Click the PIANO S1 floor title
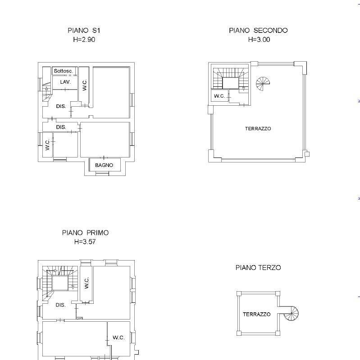[x=84, y=30]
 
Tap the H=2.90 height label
[x=84, y=40]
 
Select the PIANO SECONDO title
[x=258, y=30]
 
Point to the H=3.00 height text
[x=259, y=40]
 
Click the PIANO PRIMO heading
[x=85, y=233]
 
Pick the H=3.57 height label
[x=85, y=242]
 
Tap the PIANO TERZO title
[x=258, y=267]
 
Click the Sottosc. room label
[x=63, y=71]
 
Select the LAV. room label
[x=65, y=82]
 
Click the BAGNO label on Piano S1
[x=104, y=165]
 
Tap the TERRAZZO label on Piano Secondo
[x=258, y=129]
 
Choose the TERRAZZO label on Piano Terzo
[x=256, y=314]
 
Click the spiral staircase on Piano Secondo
[x=263, y=84]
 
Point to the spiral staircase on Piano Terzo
[x=291, y=313]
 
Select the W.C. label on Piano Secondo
[x=219, y=96]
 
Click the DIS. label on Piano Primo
[x=61, y=305]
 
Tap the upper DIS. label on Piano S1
[x=61, y=106]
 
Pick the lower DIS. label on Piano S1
[x=61, y=127]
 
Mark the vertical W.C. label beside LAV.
[x=84, y=85]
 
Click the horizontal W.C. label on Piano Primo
[x=118, y=337]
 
